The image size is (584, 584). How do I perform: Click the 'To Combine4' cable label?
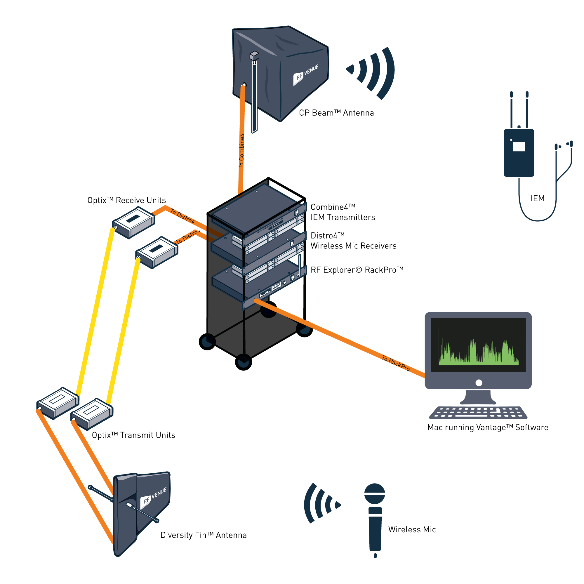241,151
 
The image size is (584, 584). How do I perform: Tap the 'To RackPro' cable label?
395,363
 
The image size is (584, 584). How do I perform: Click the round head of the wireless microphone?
375,493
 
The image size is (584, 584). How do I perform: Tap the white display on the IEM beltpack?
519,147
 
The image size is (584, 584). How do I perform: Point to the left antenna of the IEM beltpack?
512,109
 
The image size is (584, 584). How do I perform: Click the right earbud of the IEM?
570,144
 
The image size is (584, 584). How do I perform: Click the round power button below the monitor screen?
479,383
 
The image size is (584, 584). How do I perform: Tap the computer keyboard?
478,413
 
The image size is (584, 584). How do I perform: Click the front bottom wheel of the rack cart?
243,362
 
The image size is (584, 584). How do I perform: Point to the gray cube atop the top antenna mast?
255,55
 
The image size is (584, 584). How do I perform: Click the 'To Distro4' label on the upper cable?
182,216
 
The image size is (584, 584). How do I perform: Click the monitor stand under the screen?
478,397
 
